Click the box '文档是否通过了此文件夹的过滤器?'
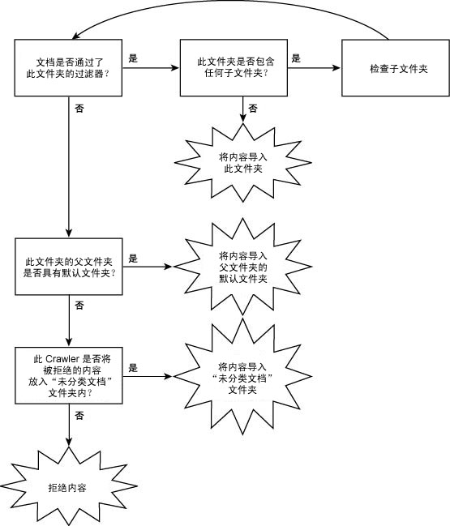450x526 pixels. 68,68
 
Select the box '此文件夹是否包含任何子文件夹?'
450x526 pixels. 234,68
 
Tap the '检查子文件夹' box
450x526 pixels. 396,68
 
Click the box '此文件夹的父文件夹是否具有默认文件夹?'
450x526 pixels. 69,267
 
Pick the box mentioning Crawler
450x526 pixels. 69,375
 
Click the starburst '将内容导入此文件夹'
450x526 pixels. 243,163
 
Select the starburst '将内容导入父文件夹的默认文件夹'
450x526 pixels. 243,267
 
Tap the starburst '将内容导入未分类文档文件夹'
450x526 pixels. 242,377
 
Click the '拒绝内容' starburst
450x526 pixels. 68,486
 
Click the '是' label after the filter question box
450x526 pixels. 133,58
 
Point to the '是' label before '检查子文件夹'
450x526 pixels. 296,58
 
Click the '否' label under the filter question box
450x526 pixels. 79,108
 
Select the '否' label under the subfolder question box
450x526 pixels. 253,108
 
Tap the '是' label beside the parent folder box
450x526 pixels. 133,259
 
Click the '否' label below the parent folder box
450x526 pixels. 79,306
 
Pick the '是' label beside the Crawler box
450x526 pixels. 133,368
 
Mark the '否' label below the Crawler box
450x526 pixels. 79,416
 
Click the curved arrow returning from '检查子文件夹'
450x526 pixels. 232,1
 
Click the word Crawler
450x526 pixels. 62,359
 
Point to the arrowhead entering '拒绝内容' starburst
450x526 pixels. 69,443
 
